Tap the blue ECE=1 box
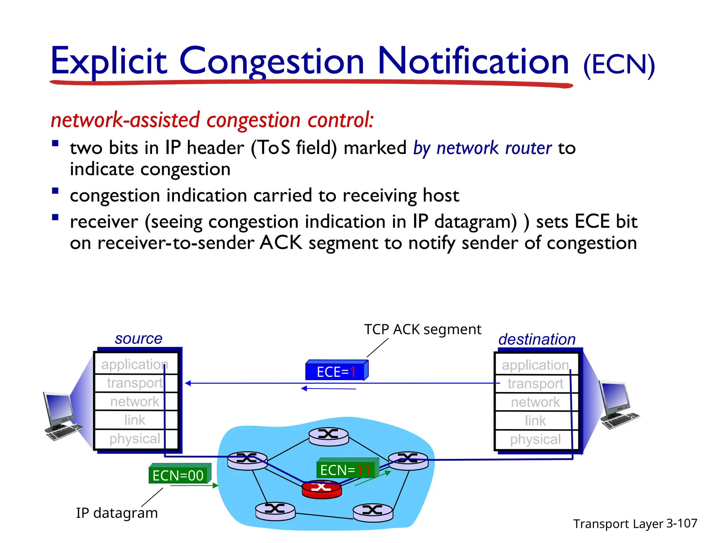336,371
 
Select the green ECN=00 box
179,475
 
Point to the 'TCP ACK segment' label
422,329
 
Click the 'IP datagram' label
117,513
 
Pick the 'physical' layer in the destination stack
535,439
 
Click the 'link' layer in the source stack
135,420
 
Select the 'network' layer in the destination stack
535,402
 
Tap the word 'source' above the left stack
138,339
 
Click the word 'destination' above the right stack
537,339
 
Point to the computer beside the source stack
62,415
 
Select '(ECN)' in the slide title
619,65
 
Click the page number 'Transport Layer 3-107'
635,524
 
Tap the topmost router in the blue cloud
328,437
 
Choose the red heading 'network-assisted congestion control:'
212,120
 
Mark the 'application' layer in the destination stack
535,365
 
